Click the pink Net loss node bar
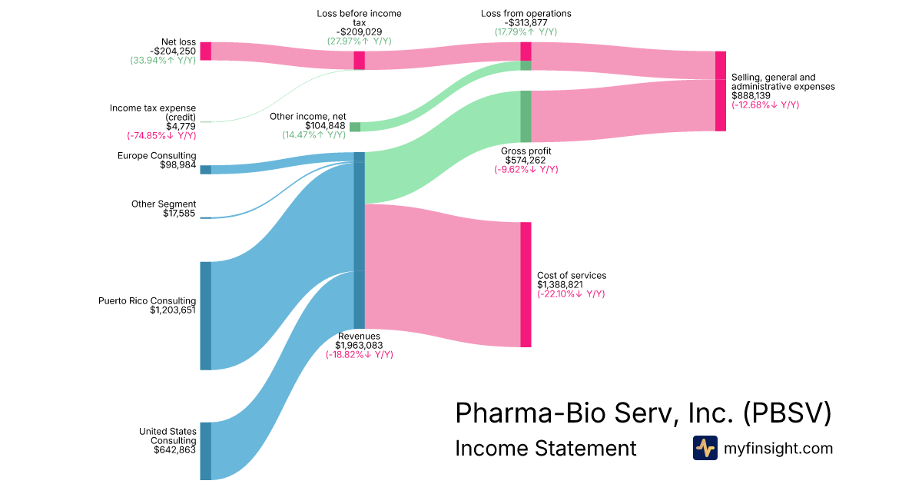point(205,51)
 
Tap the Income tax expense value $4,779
point(181,126)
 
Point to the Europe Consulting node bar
point(205,170)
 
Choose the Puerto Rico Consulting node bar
point(205,316)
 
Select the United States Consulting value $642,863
point(174,450)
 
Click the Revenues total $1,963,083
point(359,345)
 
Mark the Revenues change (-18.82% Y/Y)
point(359,354)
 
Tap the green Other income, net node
point(354,127)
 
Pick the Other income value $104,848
point(325,126)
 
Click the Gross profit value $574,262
point(526,161)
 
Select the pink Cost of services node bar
point(526,284)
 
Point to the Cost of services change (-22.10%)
point(571,293)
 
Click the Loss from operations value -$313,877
point(526,22)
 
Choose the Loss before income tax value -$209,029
point(359,31)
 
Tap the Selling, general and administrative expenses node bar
point(720,91)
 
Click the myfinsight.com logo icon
point(705,448)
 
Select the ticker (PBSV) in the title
point(787,413)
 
